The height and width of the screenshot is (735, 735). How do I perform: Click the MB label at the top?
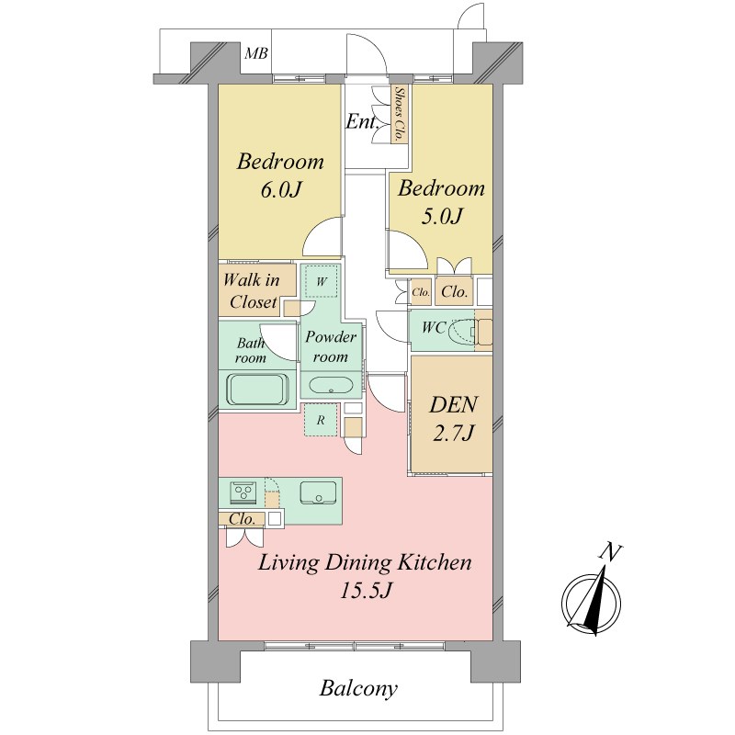[256, 53]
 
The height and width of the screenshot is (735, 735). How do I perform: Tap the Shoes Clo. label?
[400, 114]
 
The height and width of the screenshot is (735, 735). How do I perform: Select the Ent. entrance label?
[362, 122]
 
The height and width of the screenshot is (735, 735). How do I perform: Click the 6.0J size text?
[280, 190]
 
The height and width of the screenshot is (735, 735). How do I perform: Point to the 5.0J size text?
[442, 216]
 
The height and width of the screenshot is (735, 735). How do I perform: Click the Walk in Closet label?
[252, 291]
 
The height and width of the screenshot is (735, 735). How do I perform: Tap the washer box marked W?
[321, 281]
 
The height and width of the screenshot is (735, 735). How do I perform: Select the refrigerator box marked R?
[321, 420]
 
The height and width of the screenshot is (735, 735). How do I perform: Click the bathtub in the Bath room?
[257, 389]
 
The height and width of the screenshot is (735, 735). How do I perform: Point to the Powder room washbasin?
[331, 386]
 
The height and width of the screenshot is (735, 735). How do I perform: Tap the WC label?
[433, 327]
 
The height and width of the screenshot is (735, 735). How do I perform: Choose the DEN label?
[454, 404]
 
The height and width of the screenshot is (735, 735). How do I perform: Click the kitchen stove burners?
[243, 492]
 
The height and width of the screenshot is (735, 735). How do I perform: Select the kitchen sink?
[318, 493]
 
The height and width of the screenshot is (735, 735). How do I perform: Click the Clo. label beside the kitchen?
[243, 519]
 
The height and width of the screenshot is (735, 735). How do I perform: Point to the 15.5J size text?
[365, 591]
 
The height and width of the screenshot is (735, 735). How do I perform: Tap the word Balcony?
[358, 688]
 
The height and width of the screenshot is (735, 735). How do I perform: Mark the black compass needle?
[594, 602]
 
